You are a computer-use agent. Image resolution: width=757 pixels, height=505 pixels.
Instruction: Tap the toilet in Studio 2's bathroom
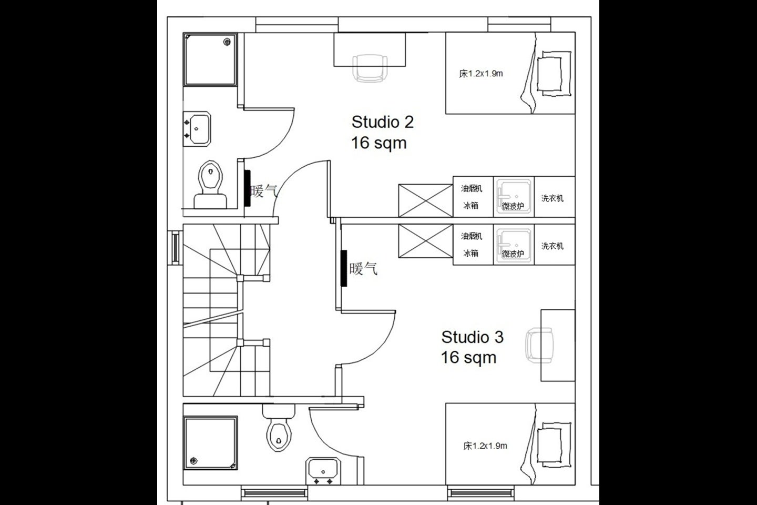pyautogui.click(x=210, y=185)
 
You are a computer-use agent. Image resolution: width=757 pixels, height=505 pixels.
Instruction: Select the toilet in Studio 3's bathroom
pyautogui.click(x=279, y=428)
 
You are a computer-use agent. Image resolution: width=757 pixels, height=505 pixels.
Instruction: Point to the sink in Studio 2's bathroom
pyautogui.click(x=197, y=129)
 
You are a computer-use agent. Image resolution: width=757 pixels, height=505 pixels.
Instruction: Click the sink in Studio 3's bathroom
pyautogui.click(x=323, y=471)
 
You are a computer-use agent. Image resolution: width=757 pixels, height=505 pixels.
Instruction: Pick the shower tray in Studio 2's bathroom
pyautogui.click(x=210, y=59)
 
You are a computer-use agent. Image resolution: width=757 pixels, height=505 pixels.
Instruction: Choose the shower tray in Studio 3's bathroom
pyautogui.click(x=210, y=443)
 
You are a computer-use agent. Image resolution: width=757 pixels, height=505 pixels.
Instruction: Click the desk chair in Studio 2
pyautogui.click(x=370, y=69)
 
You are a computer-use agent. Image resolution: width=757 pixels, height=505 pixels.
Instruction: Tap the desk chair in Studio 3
pyautogui.click(x=540, y=346)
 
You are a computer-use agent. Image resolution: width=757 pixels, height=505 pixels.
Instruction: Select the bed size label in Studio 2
pyautogui.click(x=481, y=74)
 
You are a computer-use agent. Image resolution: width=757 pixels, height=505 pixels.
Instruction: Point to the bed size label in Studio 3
pyautogui.click(x=485, y=446)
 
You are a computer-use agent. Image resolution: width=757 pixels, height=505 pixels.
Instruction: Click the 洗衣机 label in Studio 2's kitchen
pyautogui.click(x=553, y=198)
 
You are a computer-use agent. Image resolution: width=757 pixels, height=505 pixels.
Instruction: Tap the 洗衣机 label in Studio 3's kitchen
pyautogui.click(x=553, y=246)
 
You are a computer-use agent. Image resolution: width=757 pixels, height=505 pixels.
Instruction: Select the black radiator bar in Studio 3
pyautogui.click(x=344, y=268)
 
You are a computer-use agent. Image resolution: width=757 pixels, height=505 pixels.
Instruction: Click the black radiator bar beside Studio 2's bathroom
pyautogui.click(x=248, y=188)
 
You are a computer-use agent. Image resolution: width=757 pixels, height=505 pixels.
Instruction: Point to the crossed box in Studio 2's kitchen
pyautogui.click(x=425, y=200)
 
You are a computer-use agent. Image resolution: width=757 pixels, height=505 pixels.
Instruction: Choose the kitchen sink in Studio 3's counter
pyautogui.click(x=514, y=244)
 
